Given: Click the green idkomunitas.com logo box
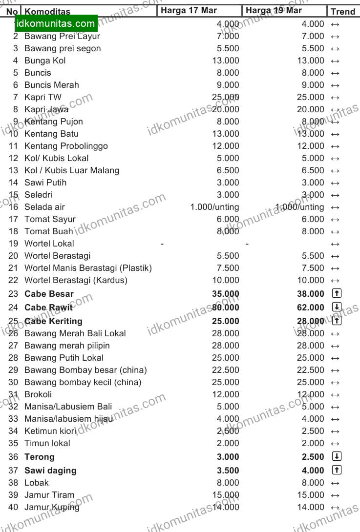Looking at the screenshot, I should pos(56,23).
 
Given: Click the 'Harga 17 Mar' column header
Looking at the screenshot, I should pos(189,11).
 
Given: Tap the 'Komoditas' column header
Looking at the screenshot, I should pos(47,12).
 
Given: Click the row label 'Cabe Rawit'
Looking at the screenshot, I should pos(48,307).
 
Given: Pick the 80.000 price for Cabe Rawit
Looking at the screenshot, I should pos(226,307).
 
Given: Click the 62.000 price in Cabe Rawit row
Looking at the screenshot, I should pos(310,307).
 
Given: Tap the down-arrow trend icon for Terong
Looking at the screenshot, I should pos(337,456).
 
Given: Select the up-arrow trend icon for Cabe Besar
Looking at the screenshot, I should pos(337,293).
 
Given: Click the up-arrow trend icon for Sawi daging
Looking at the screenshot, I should pos(337,470).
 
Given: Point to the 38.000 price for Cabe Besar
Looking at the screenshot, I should pos(310,294).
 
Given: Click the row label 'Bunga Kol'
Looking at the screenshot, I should pos(45,61).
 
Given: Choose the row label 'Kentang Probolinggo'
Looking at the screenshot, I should pos(66,146).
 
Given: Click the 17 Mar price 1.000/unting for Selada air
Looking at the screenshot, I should pos(215,207).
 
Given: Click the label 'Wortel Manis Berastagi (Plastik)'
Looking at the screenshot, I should pos(88,268).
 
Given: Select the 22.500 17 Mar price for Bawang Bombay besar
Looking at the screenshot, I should pos(226,370).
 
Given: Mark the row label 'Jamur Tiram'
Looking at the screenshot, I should pos(49,495).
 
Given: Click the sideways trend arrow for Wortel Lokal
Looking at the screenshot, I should pos(335,244).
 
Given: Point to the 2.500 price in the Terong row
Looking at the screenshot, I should pos(313,457).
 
